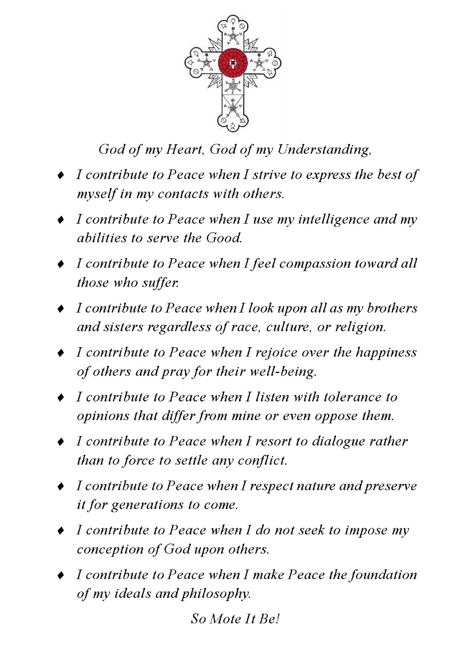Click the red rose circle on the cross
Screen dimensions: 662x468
233,63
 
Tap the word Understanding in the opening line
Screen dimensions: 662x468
324,149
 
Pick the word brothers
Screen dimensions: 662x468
392,308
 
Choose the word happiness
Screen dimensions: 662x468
386,352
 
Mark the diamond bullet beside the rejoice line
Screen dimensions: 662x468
60,353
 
